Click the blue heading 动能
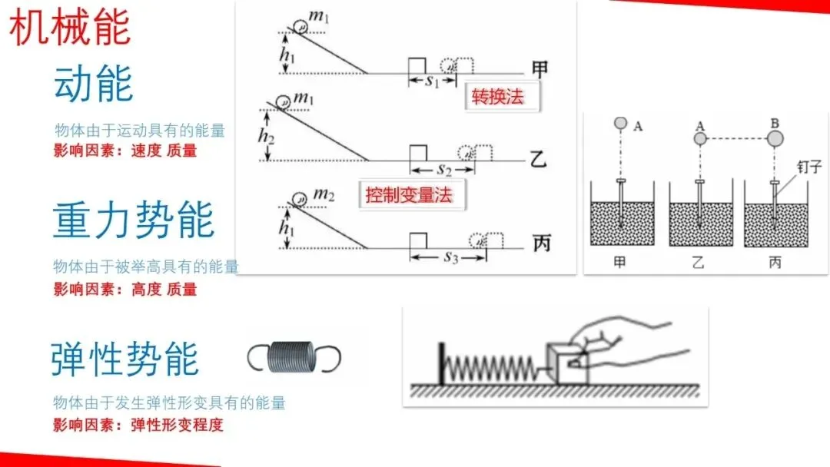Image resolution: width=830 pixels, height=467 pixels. click(x=93, y=84)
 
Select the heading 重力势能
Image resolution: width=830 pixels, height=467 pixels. click(x=134, y=220)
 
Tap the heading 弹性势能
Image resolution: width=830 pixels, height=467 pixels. click(x=125, y=358)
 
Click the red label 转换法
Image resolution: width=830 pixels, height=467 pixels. click(x=502, y=98)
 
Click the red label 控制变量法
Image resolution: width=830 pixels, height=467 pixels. click(x=413, y=194)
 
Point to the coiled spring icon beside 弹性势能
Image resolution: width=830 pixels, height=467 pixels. click(x=294, y=357)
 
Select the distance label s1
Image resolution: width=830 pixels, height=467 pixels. click(x=432, y=81)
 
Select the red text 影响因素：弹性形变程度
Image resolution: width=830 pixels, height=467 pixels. click(x=138, y=424)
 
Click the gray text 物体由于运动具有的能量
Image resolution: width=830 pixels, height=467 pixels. click(x=140, y=131)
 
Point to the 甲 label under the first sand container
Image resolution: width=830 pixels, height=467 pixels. click(x=619, y=262)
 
